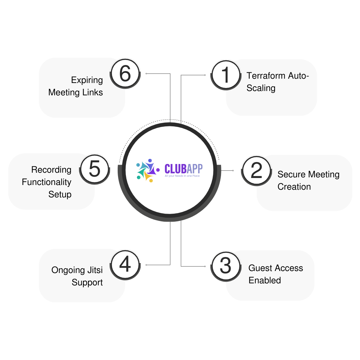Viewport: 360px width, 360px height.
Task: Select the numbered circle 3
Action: pyautogui.click(x=226, y=265)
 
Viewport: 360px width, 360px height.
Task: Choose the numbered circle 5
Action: pyautogui.click(x=95, y=169)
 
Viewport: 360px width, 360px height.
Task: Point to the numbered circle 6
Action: pyautogui.click(x=125, y=74)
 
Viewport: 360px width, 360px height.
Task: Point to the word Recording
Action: pyautogui.click(x=51, y=170)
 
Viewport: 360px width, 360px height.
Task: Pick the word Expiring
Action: pyautogui.click(x=87, y=80)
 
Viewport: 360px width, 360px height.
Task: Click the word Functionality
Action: pyautogui.click(x=47, y=182)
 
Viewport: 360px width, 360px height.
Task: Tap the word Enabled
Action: pyautogui.click(x=265, y=280)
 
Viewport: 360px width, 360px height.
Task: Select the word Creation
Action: pyautogui.click(x=294, y=187)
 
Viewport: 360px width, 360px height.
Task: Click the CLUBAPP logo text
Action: pyautogui.click(x=183, y=168)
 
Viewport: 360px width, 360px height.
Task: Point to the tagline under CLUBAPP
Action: pyautogui.click(x=182, y=176)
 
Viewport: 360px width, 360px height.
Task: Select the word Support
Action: pyautogui.click(x=87, y=282)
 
